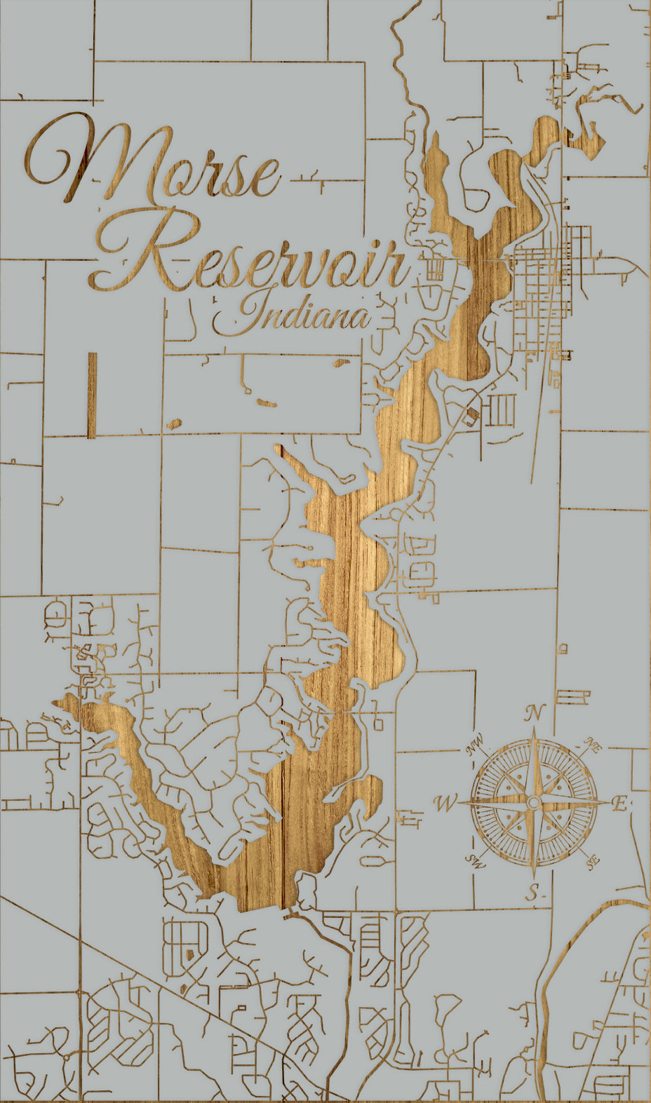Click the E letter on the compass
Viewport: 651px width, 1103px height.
point(619,804)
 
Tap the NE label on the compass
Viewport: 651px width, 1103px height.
point(593,747)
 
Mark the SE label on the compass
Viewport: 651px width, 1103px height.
point(593,861)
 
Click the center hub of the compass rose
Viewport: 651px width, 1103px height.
point(534,802)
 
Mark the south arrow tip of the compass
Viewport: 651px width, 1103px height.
point(534,878)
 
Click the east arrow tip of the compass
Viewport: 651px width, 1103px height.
point(610,802)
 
